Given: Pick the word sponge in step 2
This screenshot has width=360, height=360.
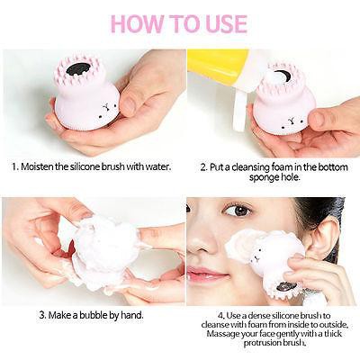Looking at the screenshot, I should (246, 177).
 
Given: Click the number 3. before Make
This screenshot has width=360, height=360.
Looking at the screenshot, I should (42, 316).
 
